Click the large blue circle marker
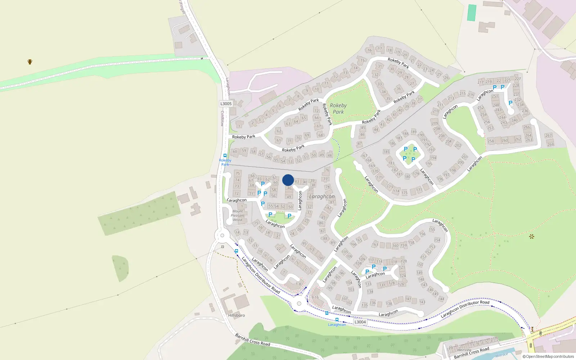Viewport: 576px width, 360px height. coord(288,180)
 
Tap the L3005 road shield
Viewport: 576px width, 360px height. coord(226,104)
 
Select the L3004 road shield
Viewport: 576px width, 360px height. coord(360,322)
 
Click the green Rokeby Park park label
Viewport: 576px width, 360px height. coord(338,108)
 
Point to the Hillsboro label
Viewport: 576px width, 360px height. coord(237,315)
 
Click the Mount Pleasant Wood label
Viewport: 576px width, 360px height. coord(238,215)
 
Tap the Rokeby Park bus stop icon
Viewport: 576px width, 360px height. coord(225,156)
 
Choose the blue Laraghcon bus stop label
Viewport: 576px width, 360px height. coord(337,325)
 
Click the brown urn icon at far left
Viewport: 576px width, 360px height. coord(30,62)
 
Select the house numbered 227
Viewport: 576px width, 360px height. coord(518,79)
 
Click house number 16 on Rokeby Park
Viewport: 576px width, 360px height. coord(369,50)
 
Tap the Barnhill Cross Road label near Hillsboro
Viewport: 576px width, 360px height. coord(252,339)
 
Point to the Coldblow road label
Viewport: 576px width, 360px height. coord(222,118)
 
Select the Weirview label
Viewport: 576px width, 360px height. coord(464,350)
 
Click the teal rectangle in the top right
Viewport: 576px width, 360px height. coord(472,13)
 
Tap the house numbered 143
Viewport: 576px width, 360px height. coord(422,302)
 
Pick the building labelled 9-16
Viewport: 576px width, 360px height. coord(315,297)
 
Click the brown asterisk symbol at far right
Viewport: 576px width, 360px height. coord(532,237)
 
